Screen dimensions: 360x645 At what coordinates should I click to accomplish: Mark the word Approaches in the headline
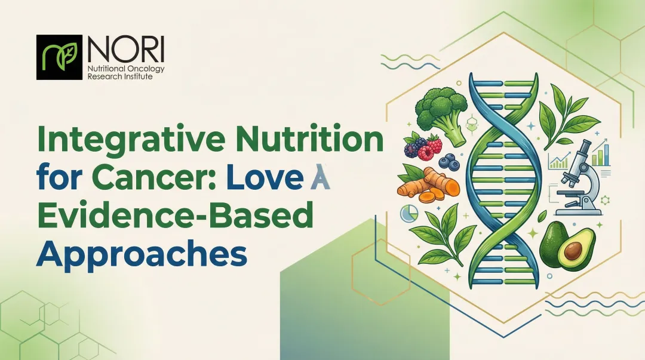point(142,254)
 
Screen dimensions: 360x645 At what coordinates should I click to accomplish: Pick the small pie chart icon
point(408,214)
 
